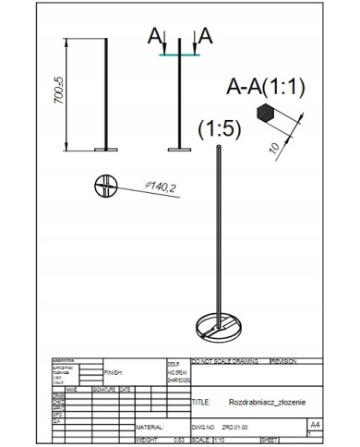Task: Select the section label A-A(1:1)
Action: point(265,89)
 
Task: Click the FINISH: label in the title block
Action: point(114,373)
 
